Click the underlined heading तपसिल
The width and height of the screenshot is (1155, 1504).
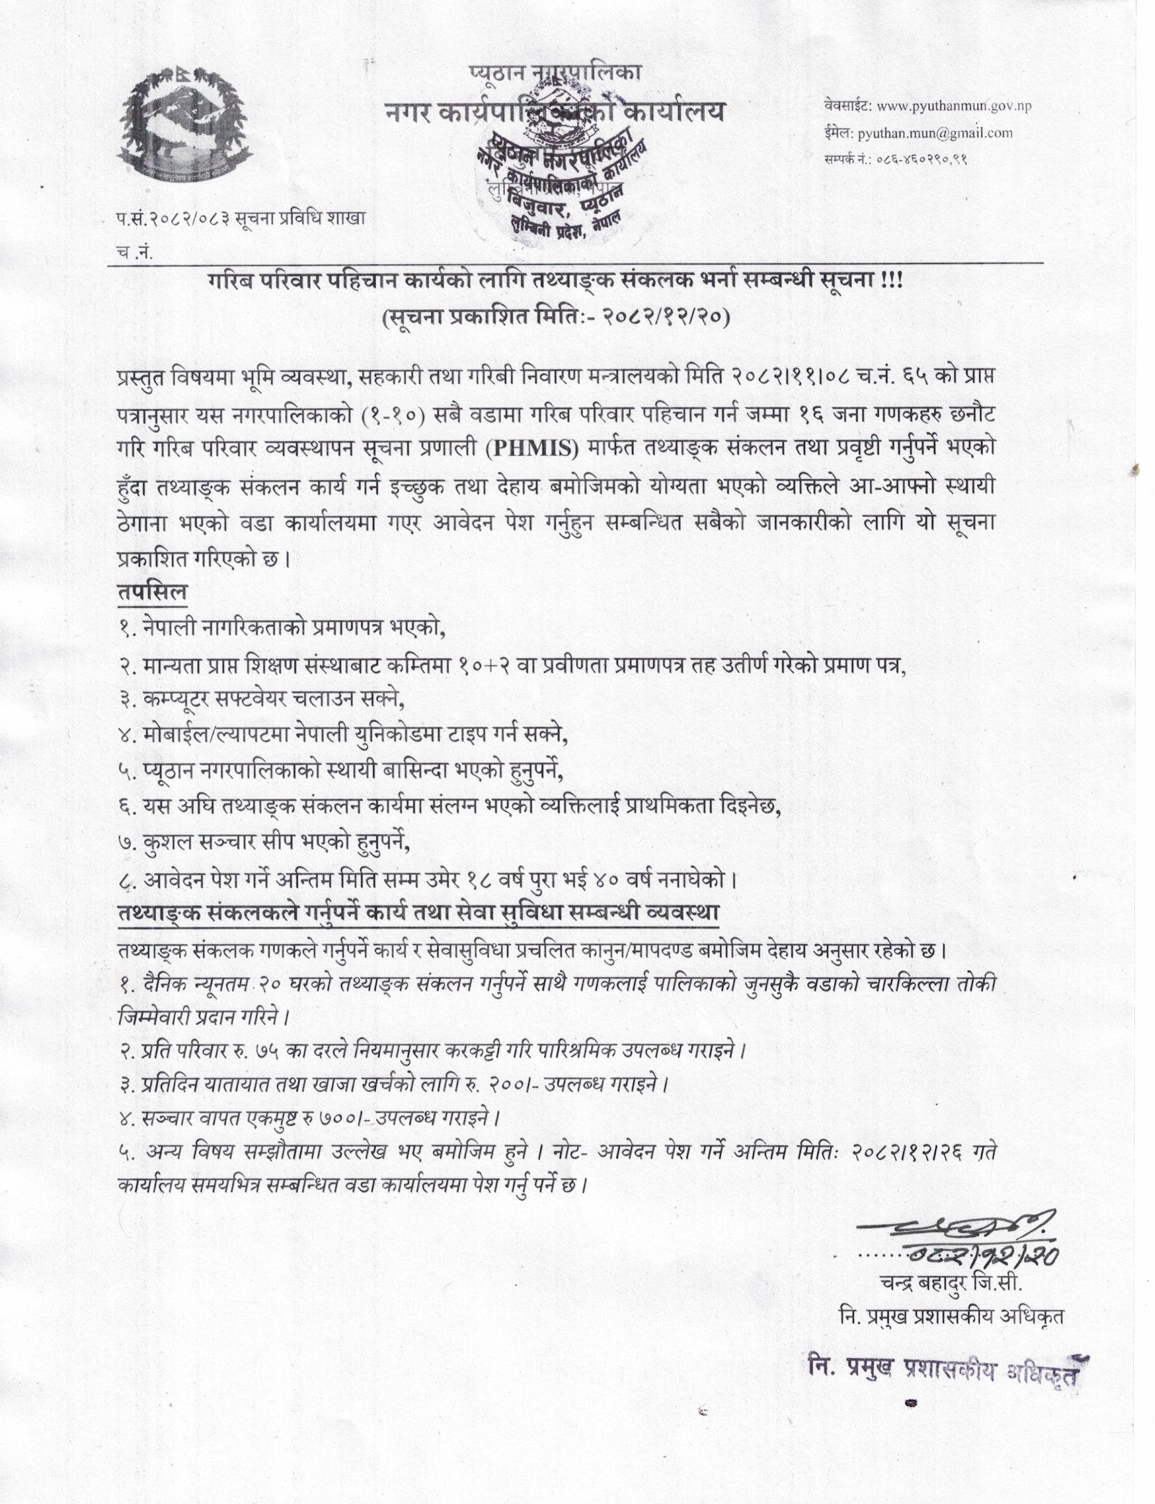click(152, 592)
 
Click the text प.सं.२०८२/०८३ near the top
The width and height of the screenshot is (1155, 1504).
click(172, 219)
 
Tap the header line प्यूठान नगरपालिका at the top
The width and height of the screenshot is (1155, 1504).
click(556, 71)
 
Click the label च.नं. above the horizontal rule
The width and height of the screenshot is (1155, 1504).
click(135, 252)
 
